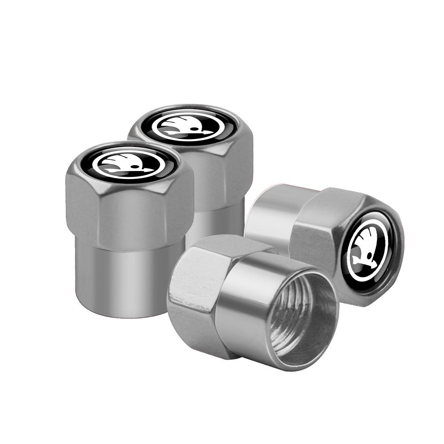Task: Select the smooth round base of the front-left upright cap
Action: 129,277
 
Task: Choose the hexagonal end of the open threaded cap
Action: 195,289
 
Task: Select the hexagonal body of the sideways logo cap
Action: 320,235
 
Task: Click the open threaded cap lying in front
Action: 253,302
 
